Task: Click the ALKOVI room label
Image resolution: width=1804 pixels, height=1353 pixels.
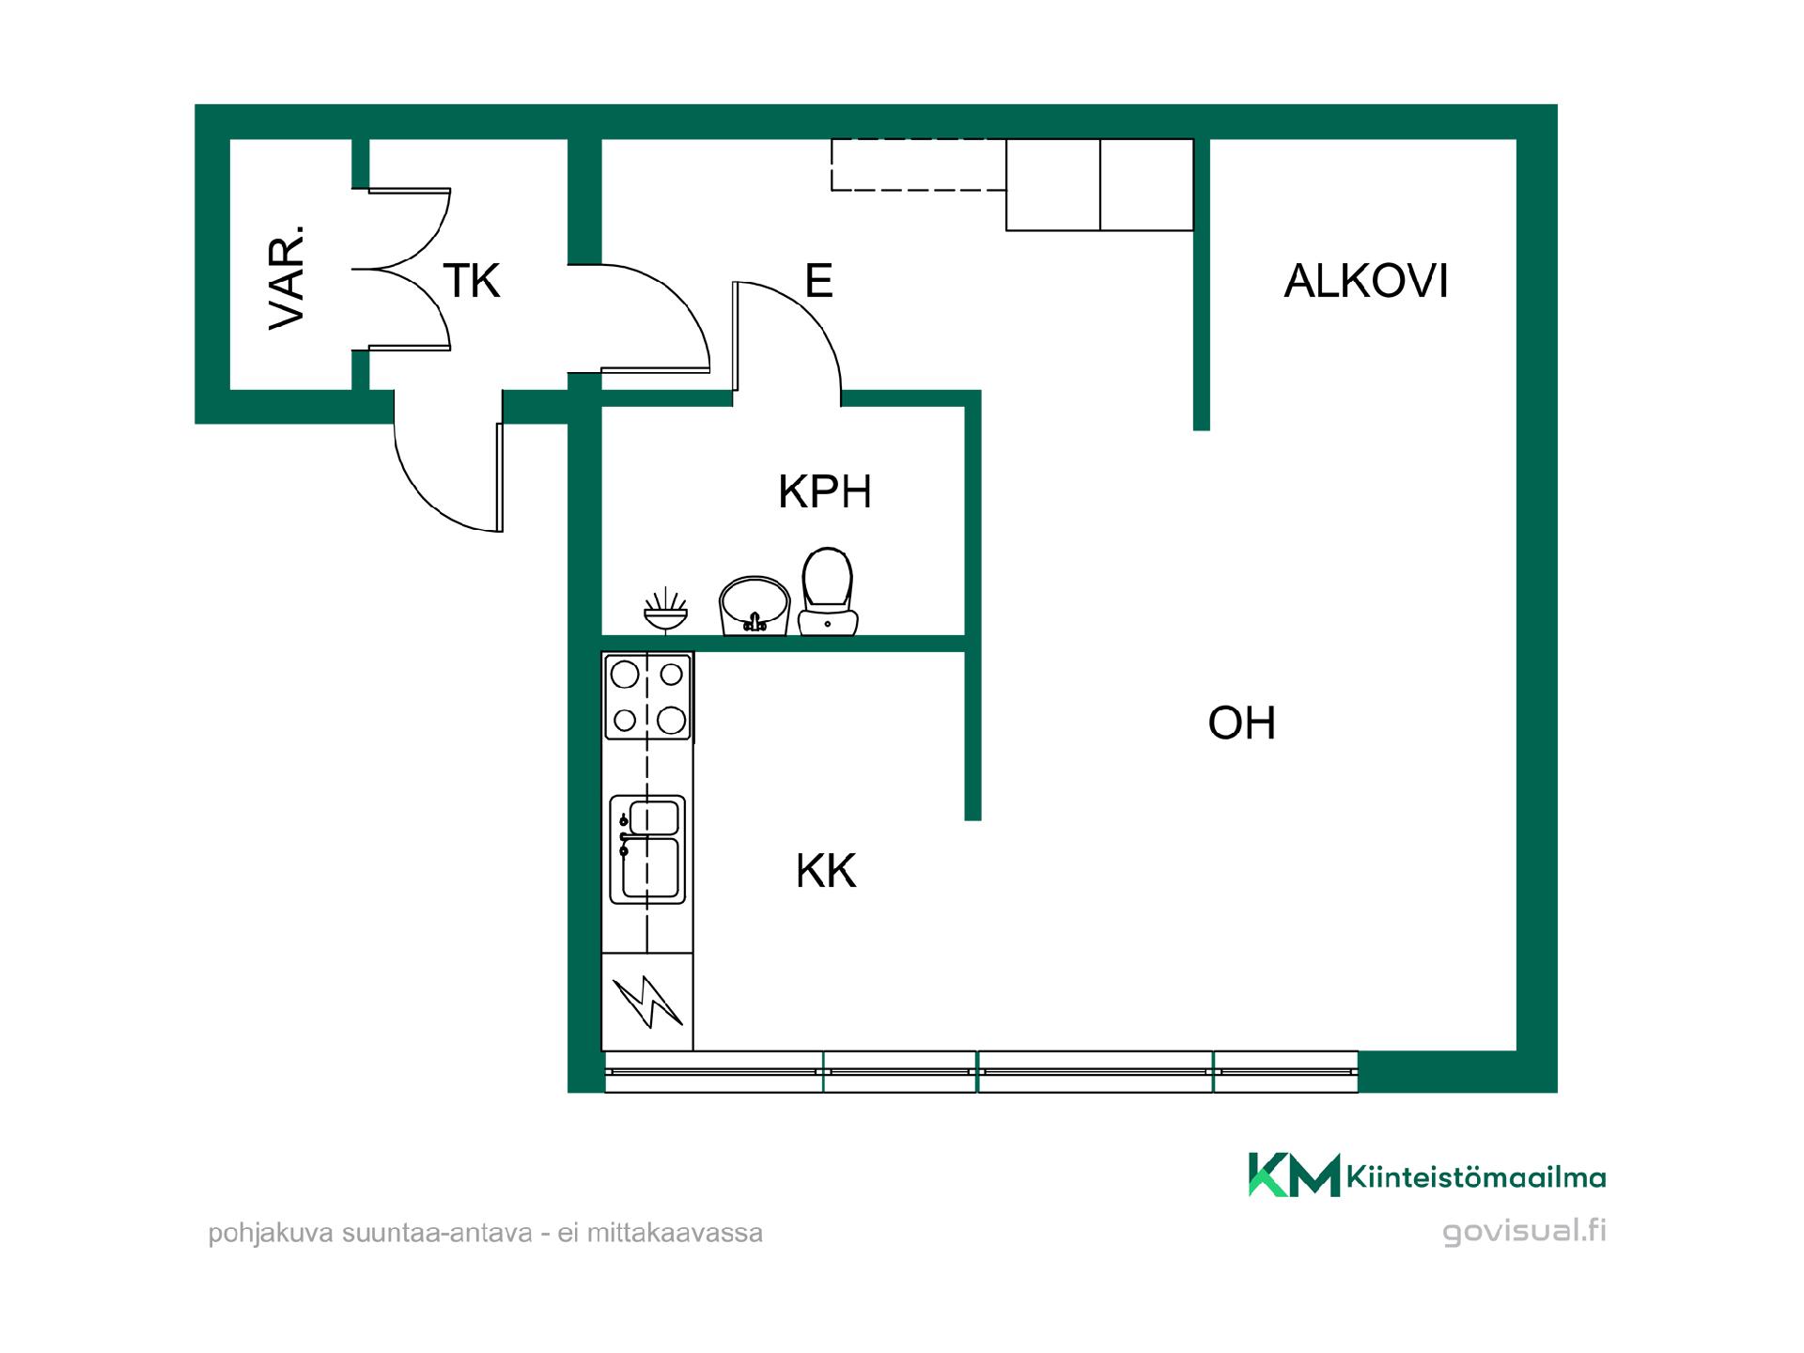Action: pos(1366,281)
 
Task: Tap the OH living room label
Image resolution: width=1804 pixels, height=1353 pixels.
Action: pos(1242,723)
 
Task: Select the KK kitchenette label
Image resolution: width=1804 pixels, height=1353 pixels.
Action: pos(826,871)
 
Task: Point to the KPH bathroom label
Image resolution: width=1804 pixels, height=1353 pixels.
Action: pos(825,491)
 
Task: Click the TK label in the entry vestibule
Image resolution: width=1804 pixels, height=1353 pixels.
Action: pos(472,281)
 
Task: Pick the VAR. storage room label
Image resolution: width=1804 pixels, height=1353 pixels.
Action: pos(288,276)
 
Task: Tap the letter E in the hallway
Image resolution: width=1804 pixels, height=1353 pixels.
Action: pos(818,281)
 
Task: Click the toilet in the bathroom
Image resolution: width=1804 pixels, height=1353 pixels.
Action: pos(828,592)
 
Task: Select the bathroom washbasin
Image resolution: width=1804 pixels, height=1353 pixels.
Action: pos(754,606)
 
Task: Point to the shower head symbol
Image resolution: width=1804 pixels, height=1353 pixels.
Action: pos(666,611)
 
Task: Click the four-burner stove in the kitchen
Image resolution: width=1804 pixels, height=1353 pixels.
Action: pos(648,696)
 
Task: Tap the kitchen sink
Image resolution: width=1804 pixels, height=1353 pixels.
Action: pos(647,849)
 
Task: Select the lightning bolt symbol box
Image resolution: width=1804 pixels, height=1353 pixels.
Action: pos(647,1002)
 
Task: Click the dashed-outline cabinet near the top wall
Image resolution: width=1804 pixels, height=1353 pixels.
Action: pos(919,164)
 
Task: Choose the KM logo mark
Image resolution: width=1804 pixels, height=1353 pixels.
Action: pos(1294,1174)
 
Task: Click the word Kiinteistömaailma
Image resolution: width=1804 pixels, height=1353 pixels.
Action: pos(1476,1177)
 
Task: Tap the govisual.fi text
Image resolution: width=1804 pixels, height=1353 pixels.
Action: pos(1524,1231)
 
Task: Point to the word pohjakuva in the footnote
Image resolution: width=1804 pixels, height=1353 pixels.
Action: pos(271,1234)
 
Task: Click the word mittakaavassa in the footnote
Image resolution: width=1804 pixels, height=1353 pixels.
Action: pos(675,1233)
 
